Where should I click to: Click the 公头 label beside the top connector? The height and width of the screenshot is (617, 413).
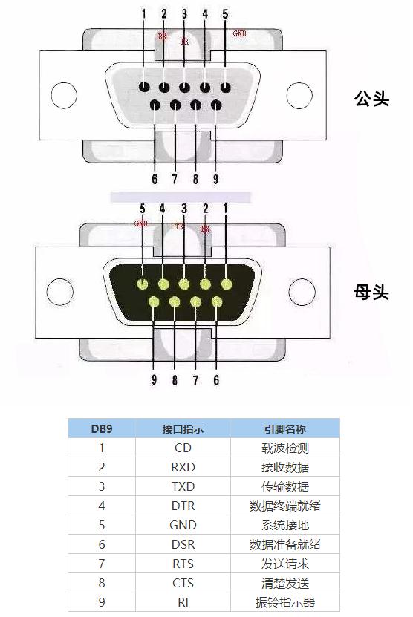[x=371, y=99]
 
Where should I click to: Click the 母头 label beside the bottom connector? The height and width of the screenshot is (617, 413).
[x=371, y=292]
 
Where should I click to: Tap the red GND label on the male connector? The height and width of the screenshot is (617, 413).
[x=240, y=33]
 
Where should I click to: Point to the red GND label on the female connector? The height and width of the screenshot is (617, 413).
[x=141, y=223]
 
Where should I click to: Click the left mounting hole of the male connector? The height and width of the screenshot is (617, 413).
[x=62, y=96]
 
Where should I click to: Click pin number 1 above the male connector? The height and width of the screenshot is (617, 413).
[x=143, y=13]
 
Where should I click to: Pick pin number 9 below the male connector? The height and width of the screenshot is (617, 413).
[x=215, y=179]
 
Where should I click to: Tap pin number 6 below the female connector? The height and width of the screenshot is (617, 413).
[x=216, y=380]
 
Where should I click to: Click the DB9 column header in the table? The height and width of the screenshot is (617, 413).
[x=102, y=428]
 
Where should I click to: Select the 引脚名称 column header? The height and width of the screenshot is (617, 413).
[x=284, y=428]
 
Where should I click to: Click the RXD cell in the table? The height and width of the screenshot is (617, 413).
[x=183, y=467]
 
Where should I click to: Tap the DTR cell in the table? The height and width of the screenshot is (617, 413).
[x=183, y=506]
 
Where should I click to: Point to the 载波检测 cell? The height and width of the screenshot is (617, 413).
[x=284, y=448]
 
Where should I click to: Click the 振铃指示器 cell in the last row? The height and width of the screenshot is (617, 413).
[x=284, y=602]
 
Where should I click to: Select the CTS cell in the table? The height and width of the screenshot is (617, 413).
[x=183, y=583]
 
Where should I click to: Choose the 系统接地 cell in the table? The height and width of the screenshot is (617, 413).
[x=284, y=525]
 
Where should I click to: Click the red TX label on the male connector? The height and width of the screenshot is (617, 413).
[x=185, y=42]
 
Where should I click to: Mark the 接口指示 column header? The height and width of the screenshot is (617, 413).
[x=183, y=428]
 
